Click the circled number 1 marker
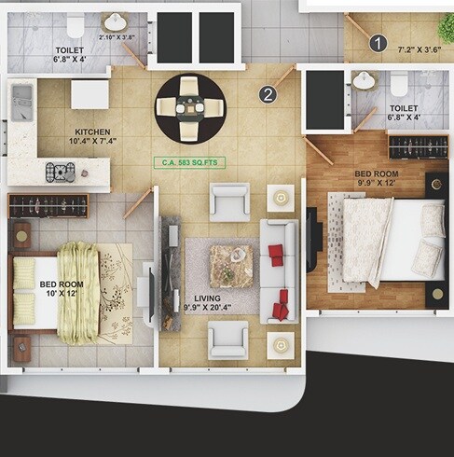tap(378, 42)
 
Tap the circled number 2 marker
tap(268, 93)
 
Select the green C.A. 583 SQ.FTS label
tap(190, 161)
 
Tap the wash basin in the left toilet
tap(116, 22)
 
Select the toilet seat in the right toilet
tap(399, 85)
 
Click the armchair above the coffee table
tap(228, 201)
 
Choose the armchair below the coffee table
tap(228, 339)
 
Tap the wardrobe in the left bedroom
tap(48, 205)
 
